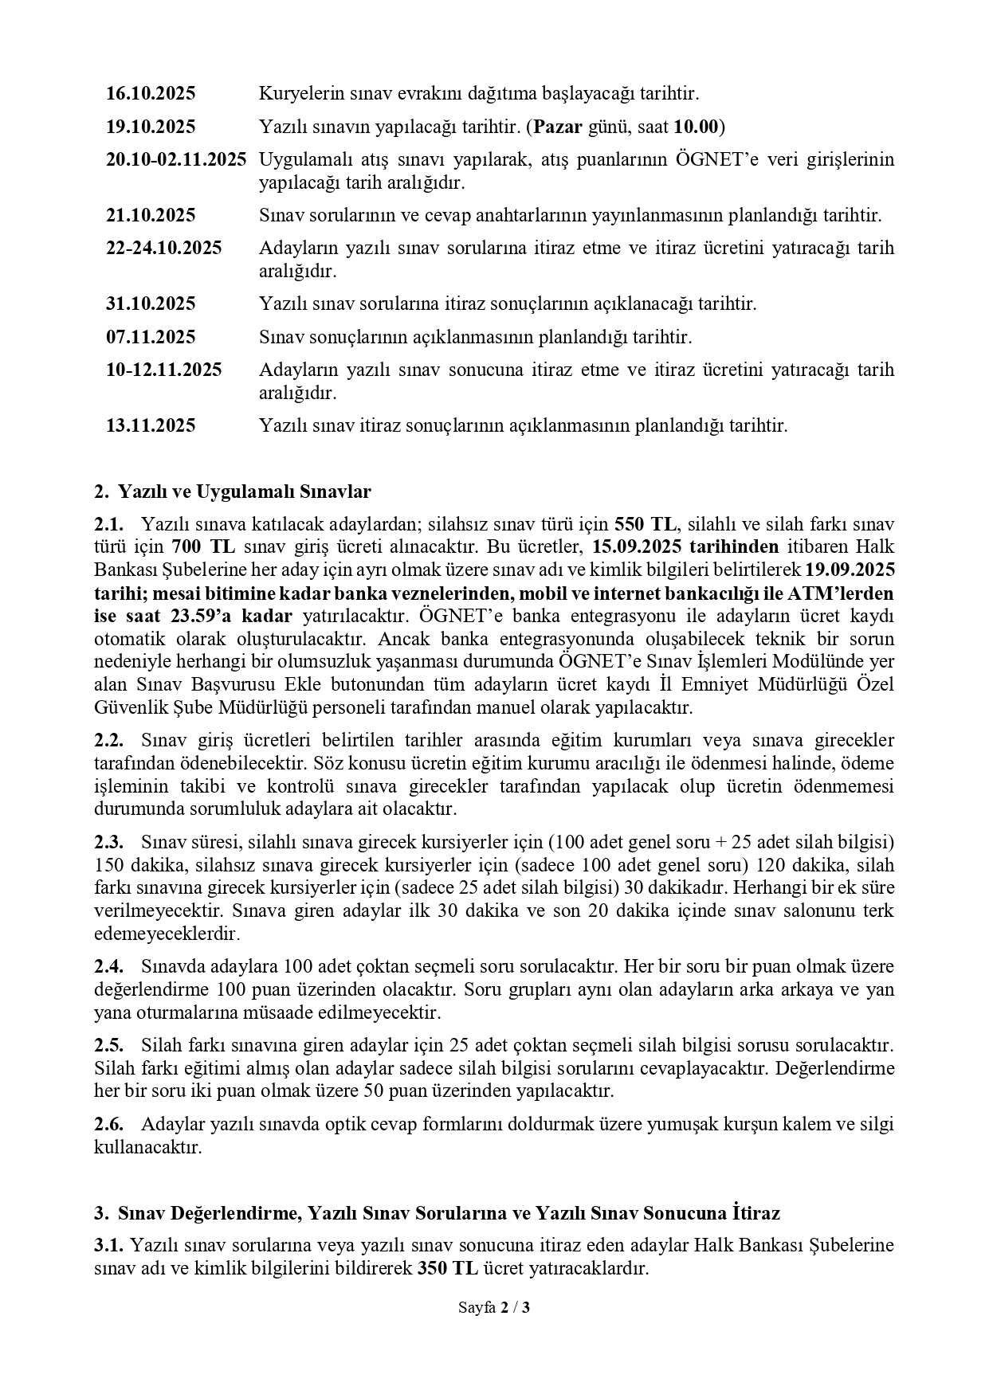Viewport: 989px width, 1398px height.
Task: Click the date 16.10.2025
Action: click(x=151, y=94)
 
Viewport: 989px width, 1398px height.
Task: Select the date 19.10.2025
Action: click(x=151, y=127)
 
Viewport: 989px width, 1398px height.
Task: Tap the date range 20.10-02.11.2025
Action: click(x=176, y=159)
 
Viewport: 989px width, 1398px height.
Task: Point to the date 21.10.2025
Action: click(x=151, y=216)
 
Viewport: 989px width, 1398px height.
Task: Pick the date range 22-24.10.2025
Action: click(x=163, y=248)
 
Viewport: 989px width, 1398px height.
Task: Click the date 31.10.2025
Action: click(x=151, y=304)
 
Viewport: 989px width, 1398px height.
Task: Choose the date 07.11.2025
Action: click(x=151, y=338)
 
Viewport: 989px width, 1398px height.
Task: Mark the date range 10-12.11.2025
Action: click(x=163, y=370)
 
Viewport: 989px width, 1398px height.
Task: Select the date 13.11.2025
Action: click(x=151, y=426)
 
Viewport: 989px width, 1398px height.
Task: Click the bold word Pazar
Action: click(x=558, y=127)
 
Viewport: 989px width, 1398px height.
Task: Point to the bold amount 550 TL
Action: click(x=645, y=525)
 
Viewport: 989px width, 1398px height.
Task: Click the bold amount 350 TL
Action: click(x=449, y=1269)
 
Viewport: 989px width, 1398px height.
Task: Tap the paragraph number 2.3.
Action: click(x=108, y=843)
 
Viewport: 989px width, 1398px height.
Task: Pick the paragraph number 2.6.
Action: click(x=108, y=1125)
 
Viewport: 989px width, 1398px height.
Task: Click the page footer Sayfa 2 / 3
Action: click(x=494, y=1307)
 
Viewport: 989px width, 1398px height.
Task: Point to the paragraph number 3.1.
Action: click(x=108, y=1246)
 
